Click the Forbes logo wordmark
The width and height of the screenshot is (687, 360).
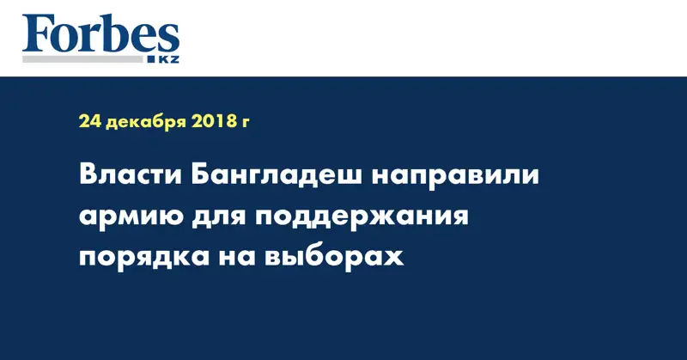click(100, 36)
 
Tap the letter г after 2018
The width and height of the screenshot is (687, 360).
click(246, 125)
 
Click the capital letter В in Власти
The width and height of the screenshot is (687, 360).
click(88, 177)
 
